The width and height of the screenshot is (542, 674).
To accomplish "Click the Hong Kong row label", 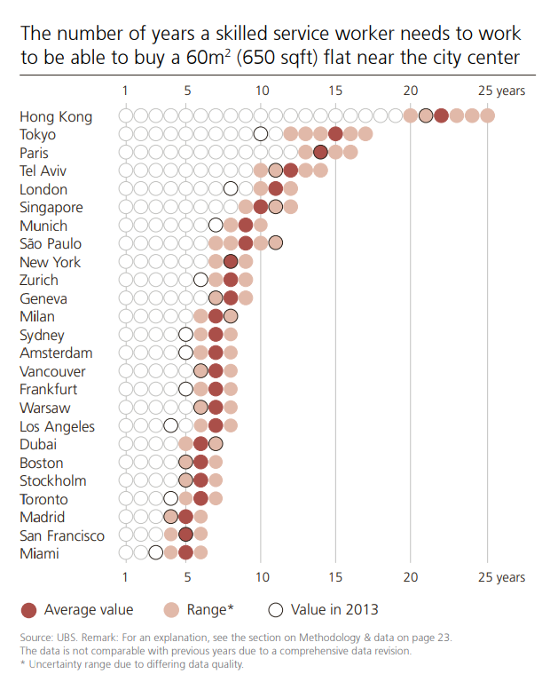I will tap(55, 116).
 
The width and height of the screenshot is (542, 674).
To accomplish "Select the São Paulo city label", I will tap(51, 243).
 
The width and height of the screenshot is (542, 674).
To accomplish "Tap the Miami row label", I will tap(39, 553).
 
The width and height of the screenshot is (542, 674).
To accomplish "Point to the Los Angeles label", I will tap(57, 426).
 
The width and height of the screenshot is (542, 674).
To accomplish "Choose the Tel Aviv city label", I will tap(43, 170).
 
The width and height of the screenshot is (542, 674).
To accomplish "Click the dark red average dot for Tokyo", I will tap(335, 134).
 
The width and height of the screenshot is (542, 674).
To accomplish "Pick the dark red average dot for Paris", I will tap(320, 153).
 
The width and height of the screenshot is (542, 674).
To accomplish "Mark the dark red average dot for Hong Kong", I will tap(441, 115).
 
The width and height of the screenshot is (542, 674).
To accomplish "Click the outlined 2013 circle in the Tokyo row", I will tap(261, 134).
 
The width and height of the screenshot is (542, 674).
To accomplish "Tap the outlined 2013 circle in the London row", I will tap(231, 188).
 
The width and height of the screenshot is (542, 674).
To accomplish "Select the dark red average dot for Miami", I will tap(185, 553).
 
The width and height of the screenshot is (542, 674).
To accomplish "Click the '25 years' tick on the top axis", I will tap(501, 91).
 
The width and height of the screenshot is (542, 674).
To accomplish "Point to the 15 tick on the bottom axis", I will tap(335, 577).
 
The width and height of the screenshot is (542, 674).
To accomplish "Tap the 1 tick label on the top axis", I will tap(125, 91).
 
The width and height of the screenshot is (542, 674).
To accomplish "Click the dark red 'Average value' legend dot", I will tap(28, 609).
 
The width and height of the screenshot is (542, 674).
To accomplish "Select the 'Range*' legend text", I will tap(209, 609).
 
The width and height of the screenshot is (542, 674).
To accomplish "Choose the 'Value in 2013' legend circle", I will tap(277, 609).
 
